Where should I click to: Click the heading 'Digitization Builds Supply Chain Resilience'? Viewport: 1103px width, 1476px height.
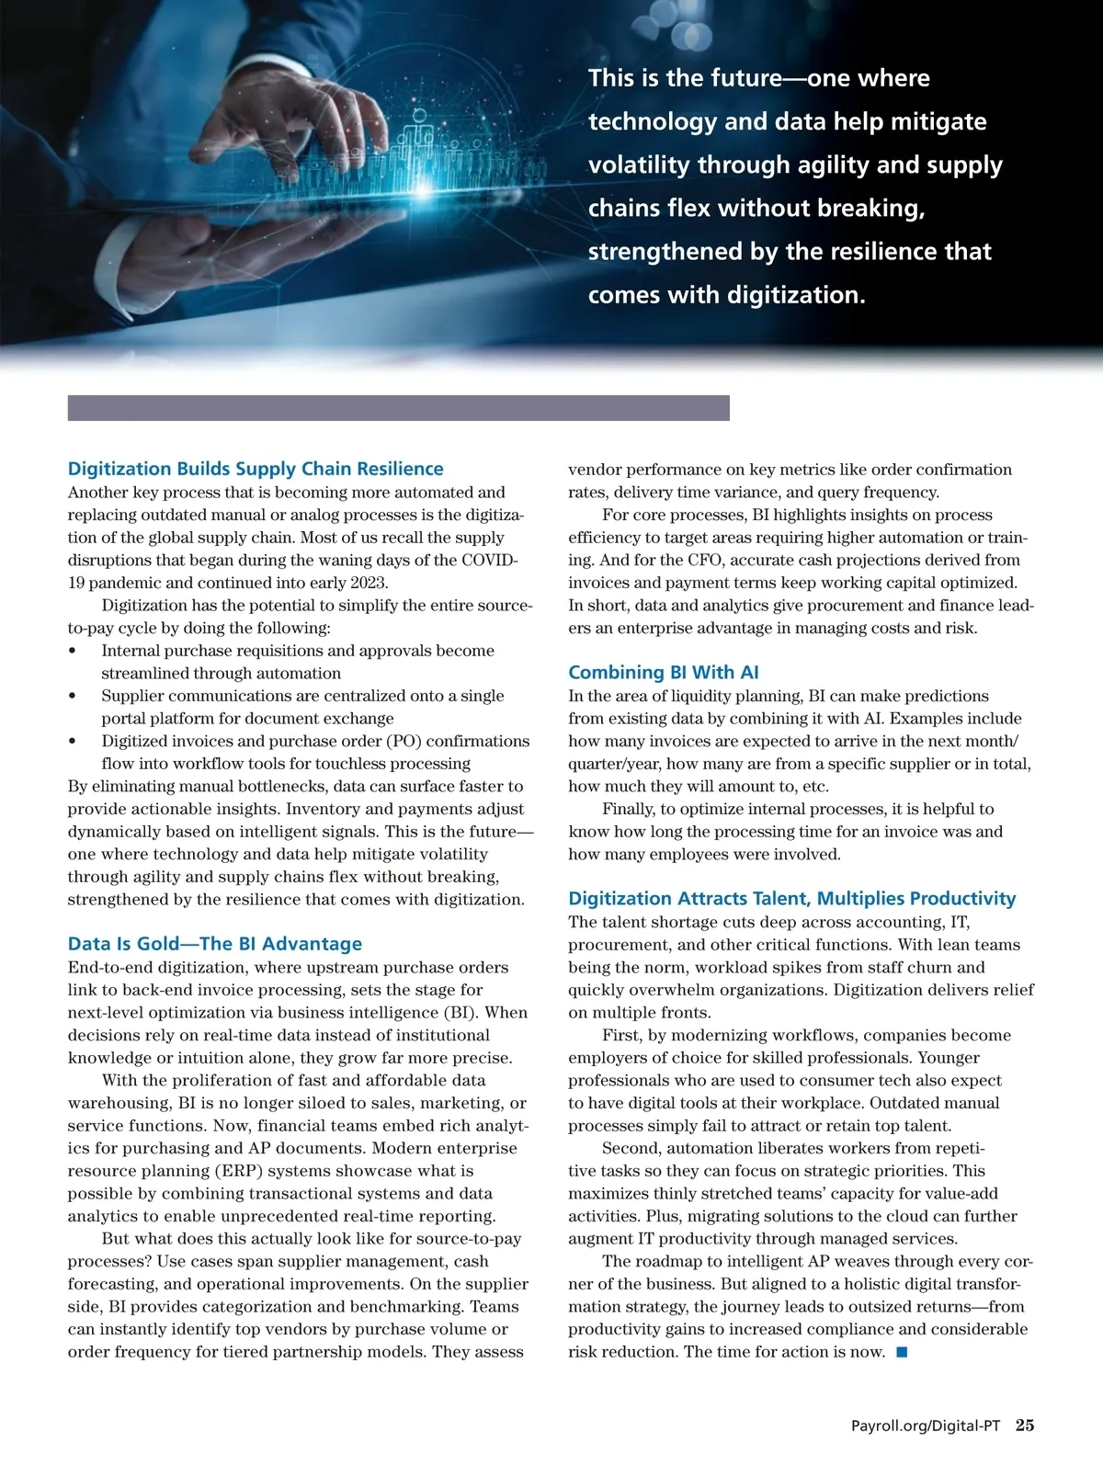tap(256, 469)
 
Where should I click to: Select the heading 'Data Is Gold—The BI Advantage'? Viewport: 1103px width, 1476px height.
tap(215, 944)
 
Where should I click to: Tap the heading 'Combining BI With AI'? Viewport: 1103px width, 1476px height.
tap(664, 673)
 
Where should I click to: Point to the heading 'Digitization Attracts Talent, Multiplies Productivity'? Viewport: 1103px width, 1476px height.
tap(792, 899)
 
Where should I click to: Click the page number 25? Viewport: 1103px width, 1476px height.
tap(1025, 1425)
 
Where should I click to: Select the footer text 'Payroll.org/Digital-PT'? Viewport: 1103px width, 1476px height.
tap(926, 1426)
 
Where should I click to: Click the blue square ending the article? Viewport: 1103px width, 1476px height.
tap(902, 1352)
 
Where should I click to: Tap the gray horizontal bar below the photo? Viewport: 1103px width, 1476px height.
tap(398, 408)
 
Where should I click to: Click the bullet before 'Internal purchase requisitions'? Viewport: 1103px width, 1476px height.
tap(73, 652)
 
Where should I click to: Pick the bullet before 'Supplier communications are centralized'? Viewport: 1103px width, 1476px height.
tap(73, 697)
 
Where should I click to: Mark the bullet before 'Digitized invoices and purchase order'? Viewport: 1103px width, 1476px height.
tap(73, 742)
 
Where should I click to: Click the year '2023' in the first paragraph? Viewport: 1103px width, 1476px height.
tap(369, 583)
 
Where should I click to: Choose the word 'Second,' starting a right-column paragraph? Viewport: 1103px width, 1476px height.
tap(630, 1149)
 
